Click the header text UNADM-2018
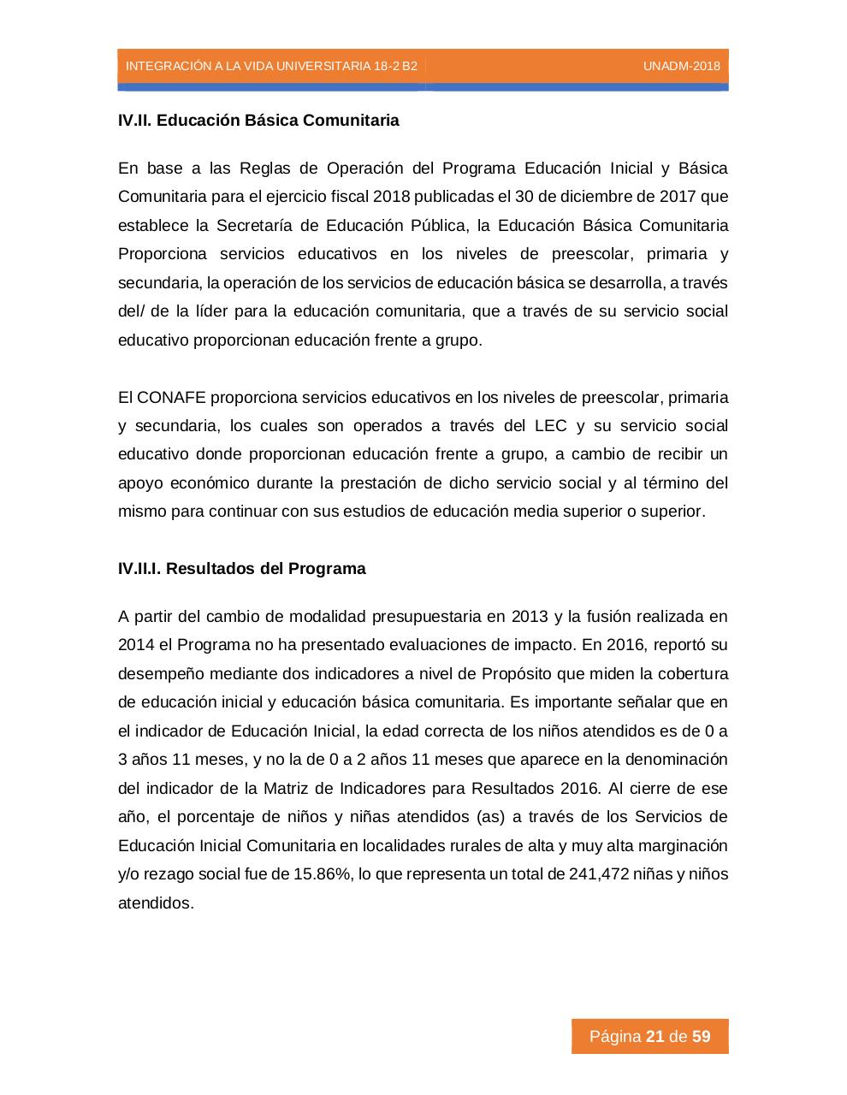coord(681,67)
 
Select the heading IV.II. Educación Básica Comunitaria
coord(258,120)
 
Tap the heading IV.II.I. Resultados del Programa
coord(242,569)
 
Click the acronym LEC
coord(550,426)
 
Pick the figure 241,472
coord(598,874)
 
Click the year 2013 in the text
coord(529,617)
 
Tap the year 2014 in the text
coord(135,645)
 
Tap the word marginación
coord(684,846)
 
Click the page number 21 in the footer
coord(655,1037)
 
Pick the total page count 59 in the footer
coord(702,1037)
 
